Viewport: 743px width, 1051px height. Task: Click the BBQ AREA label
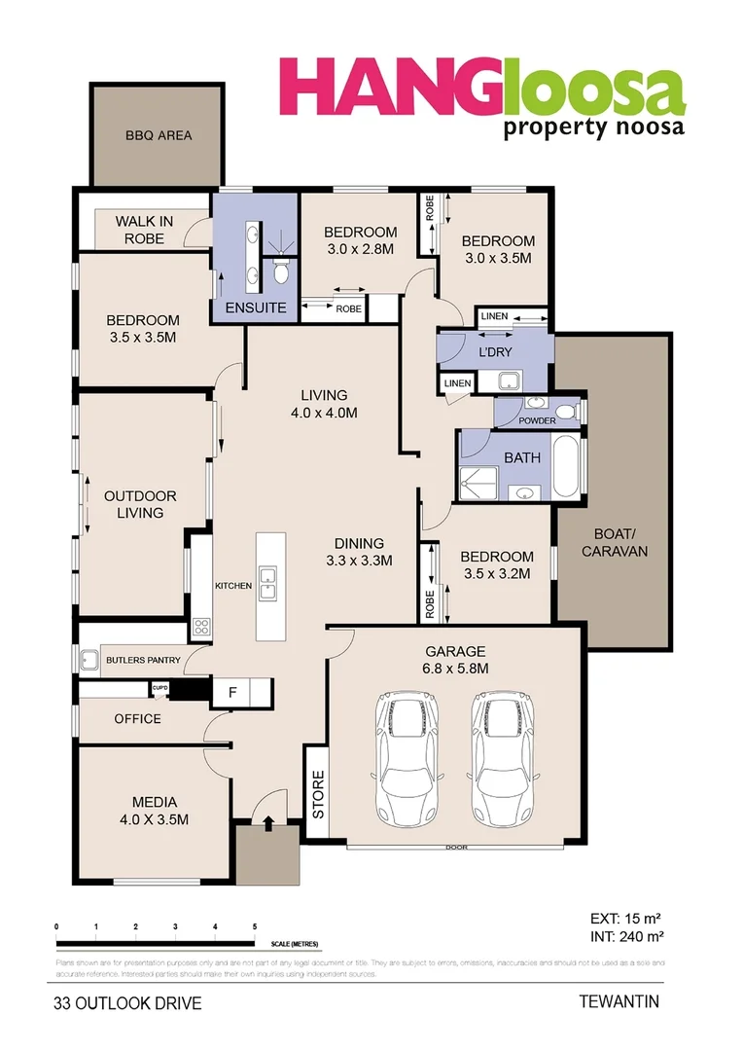[x=158, y=135]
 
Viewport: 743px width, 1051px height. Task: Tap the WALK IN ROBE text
[x=144, y=230]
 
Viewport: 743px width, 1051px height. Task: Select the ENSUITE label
[x=255, y=308]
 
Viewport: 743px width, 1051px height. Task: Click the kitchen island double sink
[x=267, y=585]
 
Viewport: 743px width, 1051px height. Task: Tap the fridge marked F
[x=231, y=692]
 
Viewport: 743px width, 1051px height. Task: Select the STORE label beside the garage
[x=317, y=793]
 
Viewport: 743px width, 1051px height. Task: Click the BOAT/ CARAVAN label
[x=614, y=542]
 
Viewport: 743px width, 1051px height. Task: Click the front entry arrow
[x=267, y=821]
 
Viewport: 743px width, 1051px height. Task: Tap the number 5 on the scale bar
[x=255, y=925]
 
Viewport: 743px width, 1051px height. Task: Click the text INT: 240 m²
[x=626, y=936]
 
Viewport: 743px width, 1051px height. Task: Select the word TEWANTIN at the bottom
[x=619, y=1000]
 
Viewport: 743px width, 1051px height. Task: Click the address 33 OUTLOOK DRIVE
[x=127, y=1002]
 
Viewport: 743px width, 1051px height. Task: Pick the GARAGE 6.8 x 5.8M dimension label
[x=455, y=660]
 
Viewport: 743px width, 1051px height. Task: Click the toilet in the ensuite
[x=281, y=273]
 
